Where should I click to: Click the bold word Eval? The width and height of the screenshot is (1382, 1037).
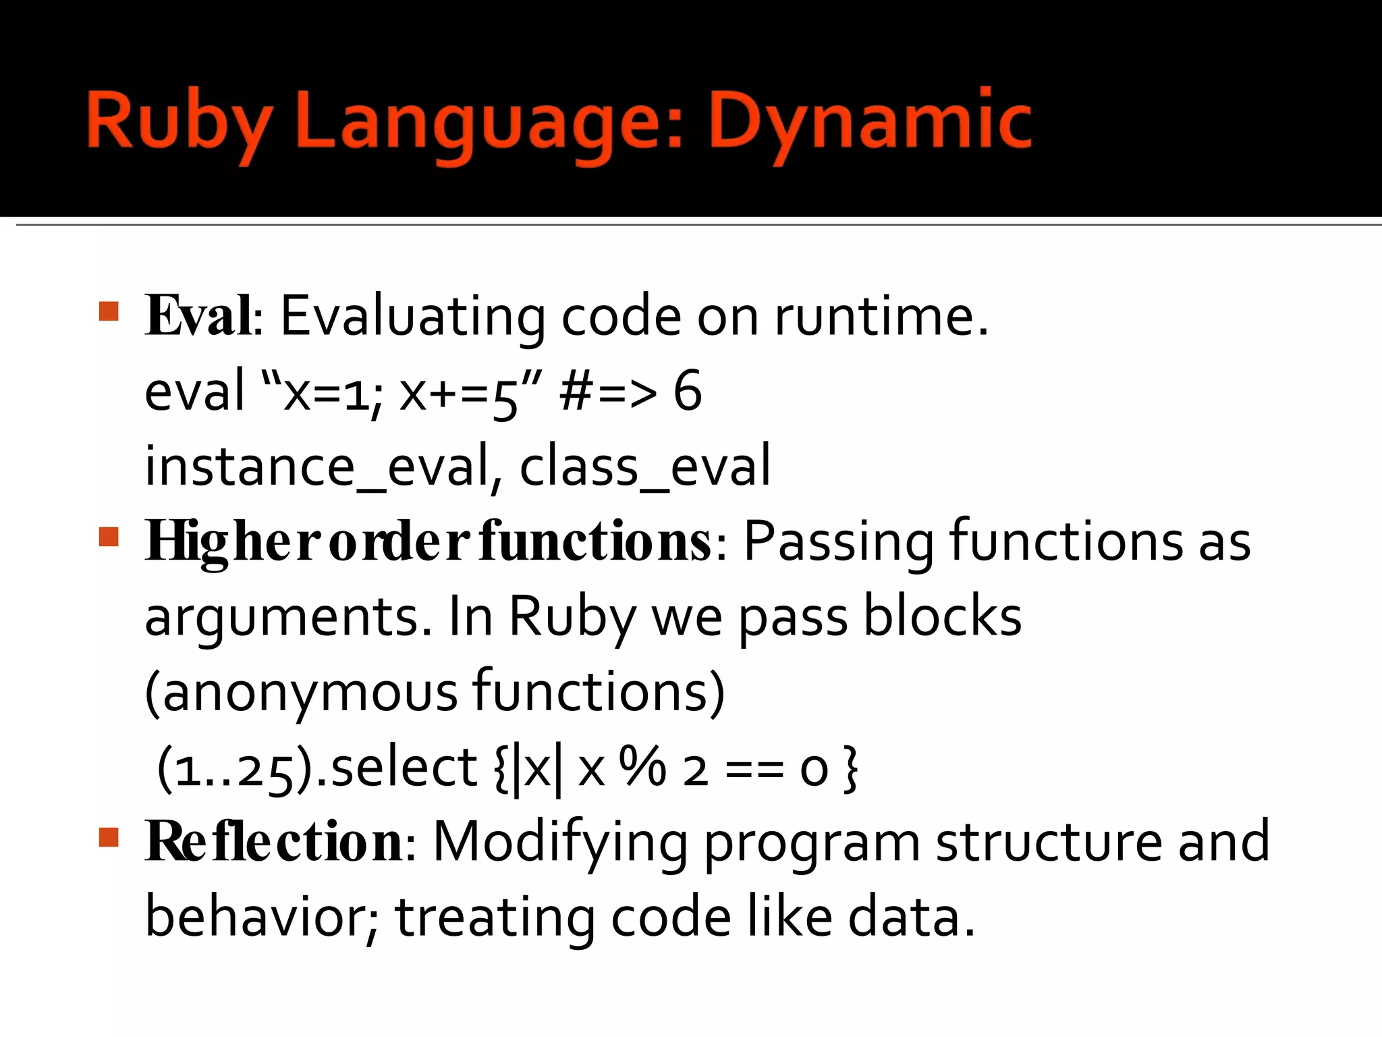pos(199,316)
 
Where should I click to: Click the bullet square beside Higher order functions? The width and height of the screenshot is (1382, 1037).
pos(109,537)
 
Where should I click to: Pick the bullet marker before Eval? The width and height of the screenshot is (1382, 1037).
pos(109,311)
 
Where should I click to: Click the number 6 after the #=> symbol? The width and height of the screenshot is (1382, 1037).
pos(687,391)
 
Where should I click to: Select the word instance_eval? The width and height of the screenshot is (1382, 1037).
pos(316,467)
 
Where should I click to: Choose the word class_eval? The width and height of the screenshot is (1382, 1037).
pos(644,467)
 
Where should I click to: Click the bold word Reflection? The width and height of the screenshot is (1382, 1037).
pos(274,842)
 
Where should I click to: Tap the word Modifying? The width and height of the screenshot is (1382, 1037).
pos(560,842)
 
